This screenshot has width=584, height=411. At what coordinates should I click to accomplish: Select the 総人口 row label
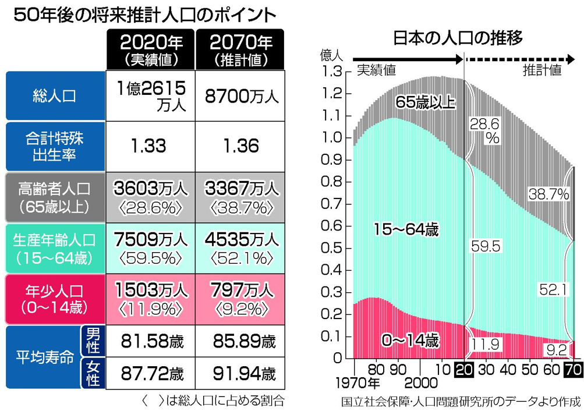point(54,96)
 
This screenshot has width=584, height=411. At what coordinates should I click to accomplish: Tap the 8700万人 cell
point(240,96)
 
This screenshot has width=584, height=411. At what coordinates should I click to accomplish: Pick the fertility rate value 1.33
point(148,146)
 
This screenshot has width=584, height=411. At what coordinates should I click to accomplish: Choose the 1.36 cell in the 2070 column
point(240,146)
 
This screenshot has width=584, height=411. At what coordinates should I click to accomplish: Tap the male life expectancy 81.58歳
point(148,339)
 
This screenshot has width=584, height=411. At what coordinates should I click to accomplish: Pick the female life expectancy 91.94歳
point(240,372)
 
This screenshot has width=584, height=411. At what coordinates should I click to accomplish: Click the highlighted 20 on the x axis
point(464,370)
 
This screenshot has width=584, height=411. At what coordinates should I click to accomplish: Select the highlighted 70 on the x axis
point(574,370)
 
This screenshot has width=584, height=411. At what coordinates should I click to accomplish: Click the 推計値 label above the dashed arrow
point(541,70)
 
